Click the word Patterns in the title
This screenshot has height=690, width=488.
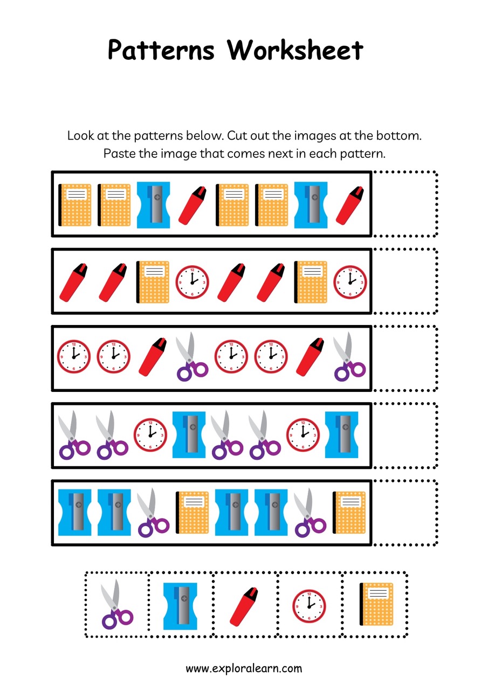click(x=161, y=50)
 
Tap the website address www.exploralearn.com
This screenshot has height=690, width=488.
click(x=244, y=668)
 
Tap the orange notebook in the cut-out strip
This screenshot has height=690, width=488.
click(x=376, y=604)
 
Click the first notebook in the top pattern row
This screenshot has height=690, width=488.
click(x=75, y=205)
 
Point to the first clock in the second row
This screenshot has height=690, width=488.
click(x=193, y=282)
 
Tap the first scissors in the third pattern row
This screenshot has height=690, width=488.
click(x=192, y=357)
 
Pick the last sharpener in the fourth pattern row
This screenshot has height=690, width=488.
click(x=342, y=434)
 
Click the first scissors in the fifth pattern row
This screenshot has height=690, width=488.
click(x=154, y=512)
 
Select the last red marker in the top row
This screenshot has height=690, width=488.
click(x=349, y=205)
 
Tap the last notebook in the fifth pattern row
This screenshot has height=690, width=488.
click(x=349, y=512)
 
